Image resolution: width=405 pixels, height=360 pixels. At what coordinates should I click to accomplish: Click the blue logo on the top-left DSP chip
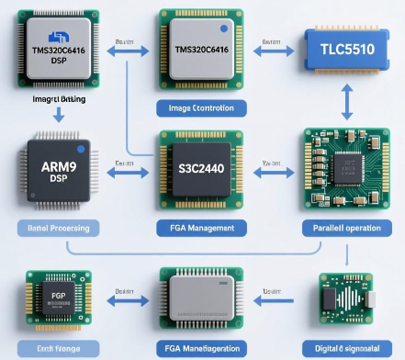coord(51,37)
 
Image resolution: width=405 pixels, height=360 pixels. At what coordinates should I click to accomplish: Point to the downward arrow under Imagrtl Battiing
coord(57,115)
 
